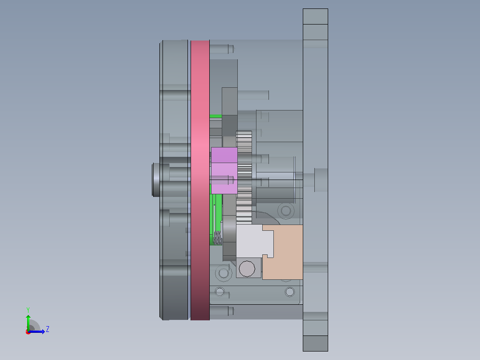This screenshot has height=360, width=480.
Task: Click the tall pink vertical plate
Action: point(200,180)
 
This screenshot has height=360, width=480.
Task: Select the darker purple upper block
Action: point(224,155)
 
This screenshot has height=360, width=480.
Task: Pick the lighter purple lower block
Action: point(224,178)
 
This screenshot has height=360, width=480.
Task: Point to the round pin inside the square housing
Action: point(247,269)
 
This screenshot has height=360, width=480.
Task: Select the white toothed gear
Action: point(244,177)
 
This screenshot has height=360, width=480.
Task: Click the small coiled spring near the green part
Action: point(217,238)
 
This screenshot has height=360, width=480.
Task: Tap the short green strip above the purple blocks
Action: point(216,116)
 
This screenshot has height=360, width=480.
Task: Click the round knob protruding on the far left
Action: point(156,180)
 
